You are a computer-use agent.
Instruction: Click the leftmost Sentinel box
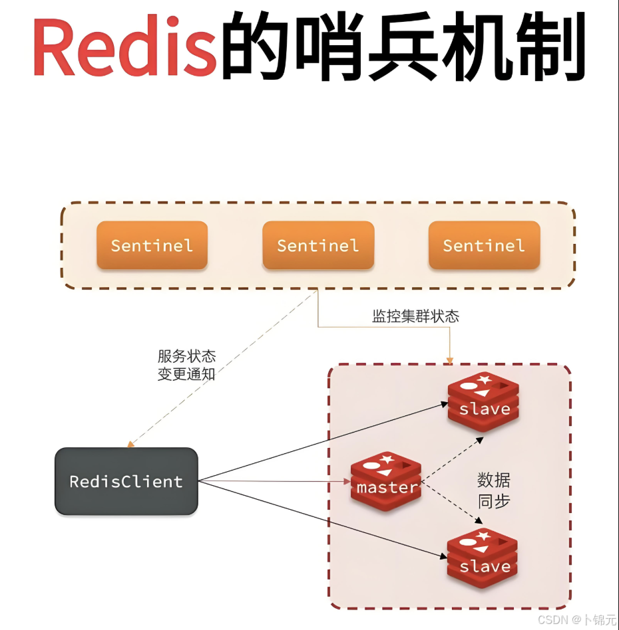(152, 245)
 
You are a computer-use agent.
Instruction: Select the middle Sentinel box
(318, 245)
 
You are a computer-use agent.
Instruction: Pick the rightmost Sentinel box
(484, 245)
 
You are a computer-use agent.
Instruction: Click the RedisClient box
(126, 481)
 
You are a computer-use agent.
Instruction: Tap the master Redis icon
(387, 482)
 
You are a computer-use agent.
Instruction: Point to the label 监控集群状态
(415, 316)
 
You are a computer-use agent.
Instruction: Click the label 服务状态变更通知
(186, 366)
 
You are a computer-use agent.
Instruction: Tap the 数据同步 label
(494, 490)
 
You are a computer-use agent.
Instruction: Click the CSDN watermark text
(576, 619)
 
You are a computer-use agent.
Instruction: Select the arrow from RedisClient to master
(273, 481)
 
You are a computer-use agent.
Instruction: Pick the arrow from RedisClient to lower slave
(319, 519)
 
